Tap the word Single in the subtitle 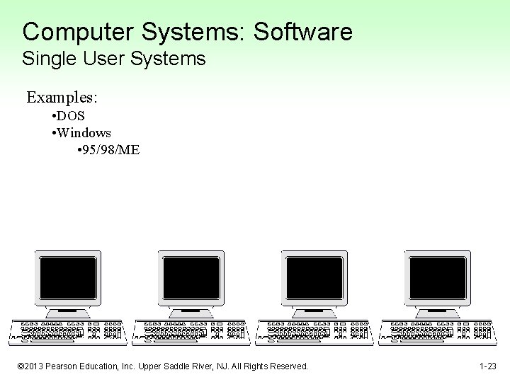click(x=46, y=59)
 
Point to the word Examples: click(x=62, y=97)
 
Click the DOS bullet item click(x=71, y=115)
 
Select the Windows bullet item click(x=84, y=132)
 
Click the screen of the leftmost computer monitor click(x=68, y=277)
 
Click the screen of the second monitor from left click(x=191, y=277)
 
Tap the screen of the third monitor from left click(x=314, y=277)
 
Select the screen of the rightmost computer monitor click(x=438, y=277)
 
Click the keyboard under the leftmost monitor click(x=69, y=332)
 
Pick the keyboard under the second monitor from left click(x=192, y=332)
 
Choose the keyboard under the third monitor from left click(x=314, y=332)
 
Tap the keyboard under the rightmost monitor click(x=437, y=332)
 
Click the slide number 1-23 click(x=487, y=366)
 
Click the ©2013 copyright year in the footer click(x=31, y=366)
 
